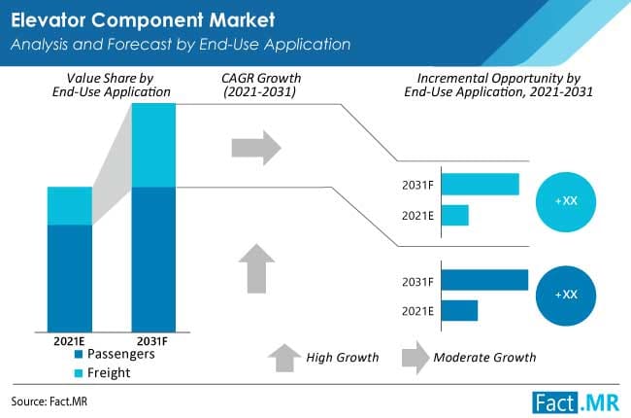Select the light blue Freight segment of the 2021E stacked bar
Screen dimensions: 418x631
(x=70, y=205)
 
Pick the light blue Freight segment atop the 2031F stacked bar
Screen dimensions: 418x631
(x=153, y=144)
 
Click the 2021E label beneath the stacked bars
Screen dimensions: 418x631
(x=70, y=341)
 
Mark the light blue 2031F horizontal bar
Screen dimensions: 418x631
(x=481, y=184)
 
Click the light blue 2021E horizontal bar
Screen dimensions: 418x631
(x=455, y=215)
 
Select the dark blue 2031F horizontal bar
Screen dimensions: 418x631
(x=484, y=280)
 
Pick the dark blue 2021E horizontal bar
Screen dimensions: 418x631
(x=459, y=310)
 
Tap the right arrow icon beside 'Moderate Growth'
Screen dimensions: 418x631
(x=414, y=356)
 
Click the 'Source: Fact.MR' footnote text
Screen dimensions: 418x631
(x=49, y=401)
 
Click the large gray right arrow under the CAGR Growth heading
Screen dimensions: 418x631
(x=255, y=147)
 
